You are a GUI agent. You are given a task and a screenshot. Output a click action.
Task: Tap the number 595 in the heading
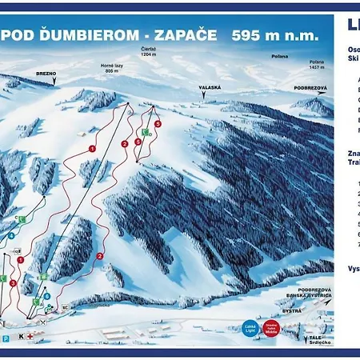[x=247, y=35]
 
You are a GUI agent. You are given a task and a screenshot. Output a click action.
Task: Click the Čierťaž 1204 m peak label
[x=150, y=52]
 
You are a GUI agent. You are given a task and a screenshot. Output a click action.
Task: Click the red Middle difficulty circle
[x=272, y=328]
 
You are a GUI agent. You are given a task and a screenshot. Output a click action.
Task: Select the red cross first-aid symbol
[x=30, y=338]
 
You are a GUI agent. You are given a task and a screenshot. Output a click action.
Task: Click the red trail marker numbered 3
[x=13, y=282]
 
